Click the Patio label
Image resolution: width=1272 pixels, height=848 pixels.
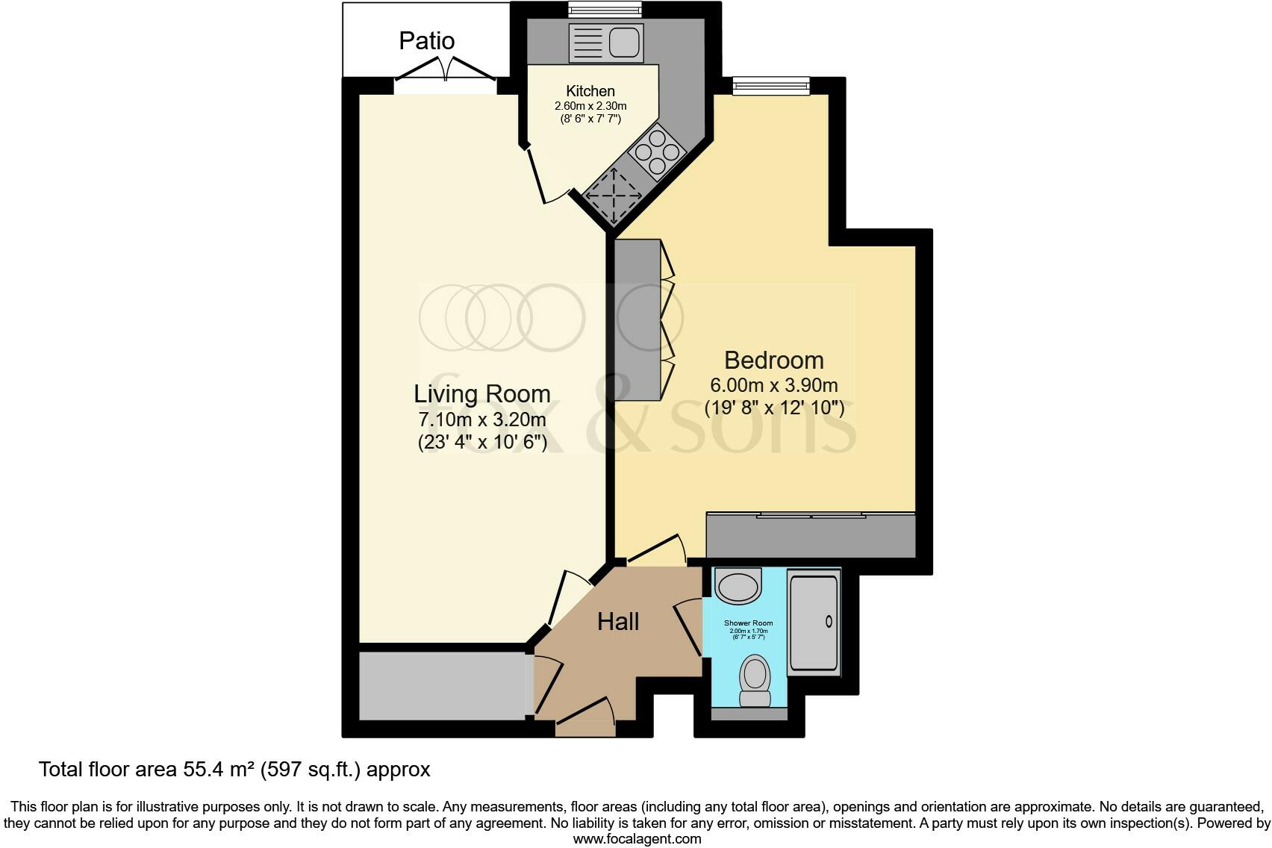(x=426, y=40)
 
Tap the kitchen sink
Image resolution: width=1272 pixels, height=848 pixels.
(x=605, y=43)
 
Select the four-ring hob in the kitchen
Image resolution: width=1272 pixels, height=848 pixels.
(x=658, y=153)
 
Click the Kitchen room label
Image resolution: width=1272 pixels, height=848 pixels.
(x=590, y=91)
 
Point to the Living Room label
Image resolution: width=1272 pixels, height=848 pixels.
(x=482, y=393)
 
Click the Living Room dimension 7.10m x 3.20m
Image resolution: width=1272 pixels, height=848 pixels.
(x=482, y=419)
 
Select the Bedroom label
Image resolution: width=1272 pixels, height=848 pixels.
(x=774, y=360)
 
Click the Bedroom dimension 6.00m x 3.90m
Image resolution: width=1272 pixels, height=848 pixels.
(x=774, y=385)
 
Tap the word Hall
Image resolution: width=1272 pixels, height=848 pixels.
(x=618, y=621)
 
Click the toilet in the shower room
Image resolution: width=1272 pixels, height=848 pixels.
(x=755, y=678)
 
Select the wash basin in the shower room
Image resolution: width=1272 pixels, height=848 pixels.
(x=738, y=585)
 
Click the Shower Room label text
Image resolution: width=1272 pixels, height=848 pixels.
(x=748, y=623)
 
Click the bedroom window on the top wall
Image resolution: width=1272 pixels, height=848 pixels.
(x=770, y=86)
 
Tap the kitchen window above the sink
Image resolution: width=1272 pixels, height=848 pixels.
(x=605, y=10)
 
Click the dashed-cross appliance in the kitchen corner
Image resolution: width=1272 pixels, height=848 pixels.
(x=614, y=196)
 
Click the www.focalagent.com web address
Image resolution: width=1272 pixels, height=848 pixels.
(x=637, y=838)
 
